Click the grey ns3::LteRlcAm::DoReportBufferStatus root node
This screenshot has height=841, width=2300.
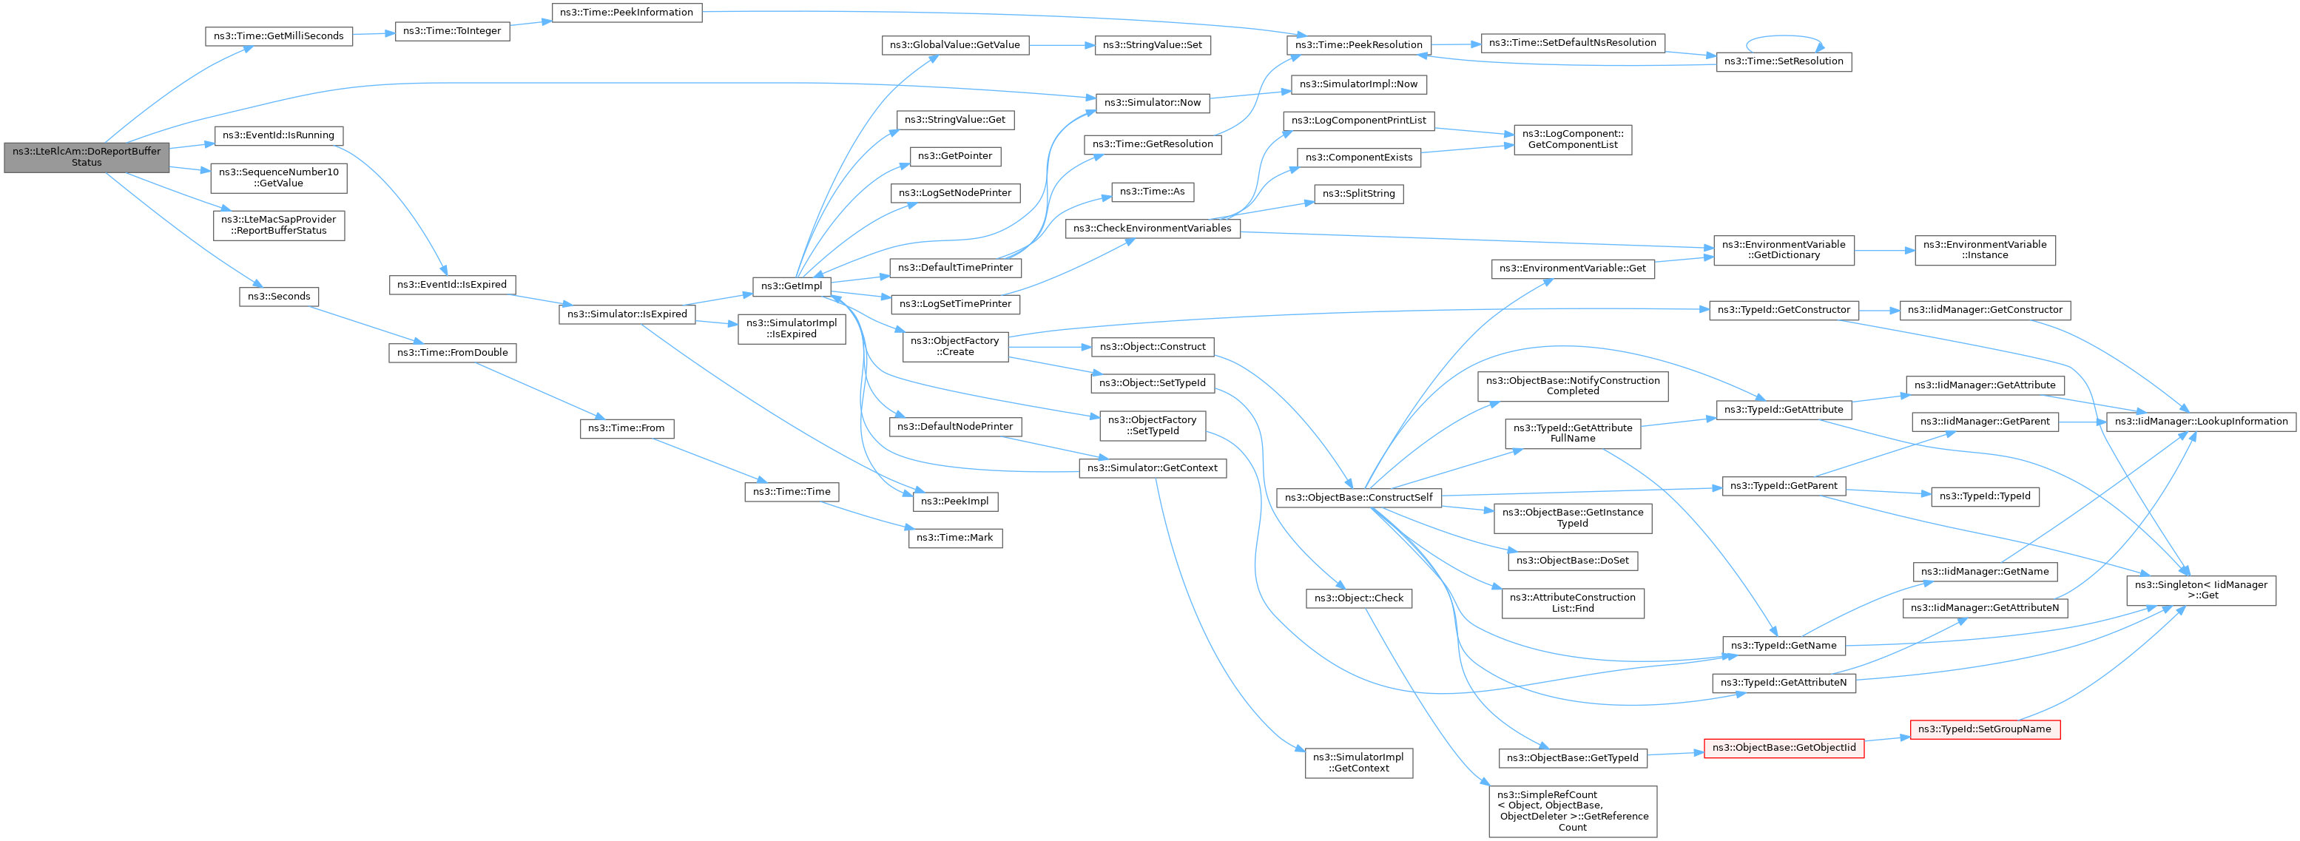coord(87,156)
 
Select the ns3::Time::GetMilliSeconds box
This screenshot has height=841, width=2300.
coord(279,36)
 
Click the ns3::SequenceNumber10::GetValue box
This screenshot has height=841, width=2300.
coord(279,178)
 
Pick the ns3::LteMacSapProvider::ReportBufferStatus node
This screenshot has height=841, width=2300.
coord(279,225)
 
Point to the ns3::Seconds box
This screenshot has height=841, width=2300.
coord(279,297)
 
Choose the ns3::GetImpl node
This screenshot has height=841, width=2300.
coord(791,286)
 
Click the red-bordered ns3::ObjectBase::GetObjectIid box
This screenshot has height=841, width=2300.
coord(1783,748)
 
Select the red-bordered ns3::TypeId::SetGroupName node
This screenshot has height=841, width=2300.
coord(1984,729)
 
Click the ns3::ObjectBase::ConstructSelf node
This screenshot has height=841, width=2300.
coord(1358,497)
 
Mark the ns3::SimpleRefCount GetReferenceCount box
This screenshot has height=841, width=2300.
coord(1572,811)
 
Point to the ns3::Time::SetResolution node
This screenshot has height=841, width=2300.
coord(1783,61)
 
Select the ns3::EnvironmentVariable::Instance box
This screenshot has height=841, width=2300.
coord(1984,250)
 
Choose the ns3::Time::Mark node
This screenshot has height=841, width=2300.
coord(954,538)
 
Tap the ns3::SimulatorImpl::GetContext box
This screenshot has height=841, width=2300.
coord(1358,763)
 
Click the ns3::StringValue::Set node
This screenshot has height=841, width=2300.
coord(1152,44)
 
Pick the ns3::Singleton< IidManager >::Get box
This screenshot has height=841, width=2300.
coord(2200,590)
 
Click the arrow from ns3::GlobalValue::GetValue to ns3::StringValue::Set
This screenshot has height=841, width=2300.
coord(1062,44)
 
